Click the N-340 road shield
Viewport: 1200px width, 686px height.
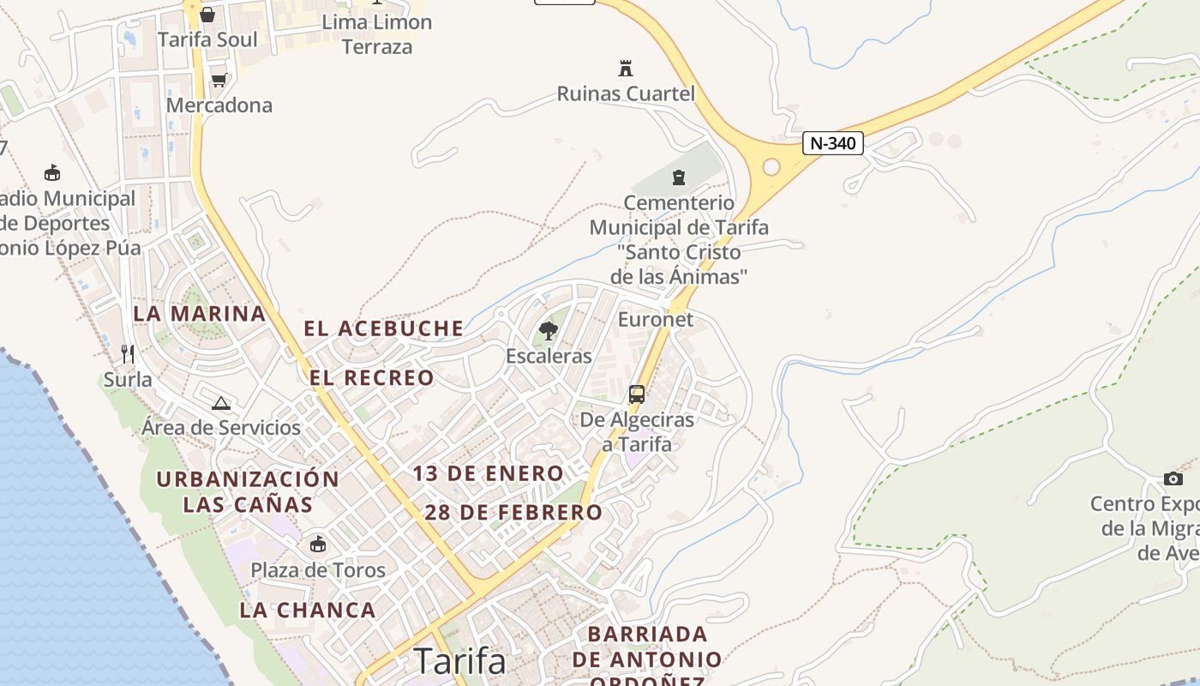click(832, 143)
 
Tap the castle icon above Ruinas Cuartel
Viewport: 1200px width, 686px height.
click(626, 69)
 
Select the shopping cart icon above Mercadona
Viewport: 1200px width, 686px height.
click(219, 80)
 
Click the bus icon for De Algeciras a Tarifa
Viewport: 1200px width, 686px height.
click(636, 394)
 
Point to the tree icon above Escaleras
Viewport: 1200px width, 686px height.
click(549, 330)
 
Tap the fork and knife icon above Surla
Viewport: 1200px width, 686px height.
click(128, 353)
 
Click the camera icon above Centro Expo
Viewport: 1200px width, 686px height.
click(1173, 478)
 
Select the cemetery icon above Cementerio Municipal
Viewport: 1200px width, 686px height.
click(679, 178)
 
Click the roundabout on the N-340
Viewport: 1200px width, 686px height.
click(771, 167)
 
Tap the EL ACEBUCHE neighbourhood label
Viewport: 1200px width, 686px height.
click(383, 328)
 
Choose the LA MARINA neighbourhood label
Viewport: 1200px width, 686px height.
click(199, 313)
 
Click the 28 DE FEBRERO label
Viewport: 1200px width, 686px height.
click(513, 513)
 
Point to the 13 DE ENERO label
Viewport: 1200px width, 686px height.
click(488, 473)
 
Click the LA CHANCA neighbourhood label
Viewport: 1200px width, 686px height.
click(307, 610)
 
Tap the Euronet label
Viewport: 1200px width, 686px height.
click(656, 320)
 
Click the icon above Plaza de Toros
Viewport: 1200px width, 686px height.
click(318, 544)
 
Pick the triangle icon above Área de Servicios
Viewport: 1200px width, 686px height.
click(221, 403)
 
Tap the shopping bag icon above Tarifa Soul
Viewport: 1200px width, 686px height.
click(207, 15)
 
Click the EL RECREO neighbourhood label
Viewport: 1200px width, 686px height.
click(371, 378)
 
